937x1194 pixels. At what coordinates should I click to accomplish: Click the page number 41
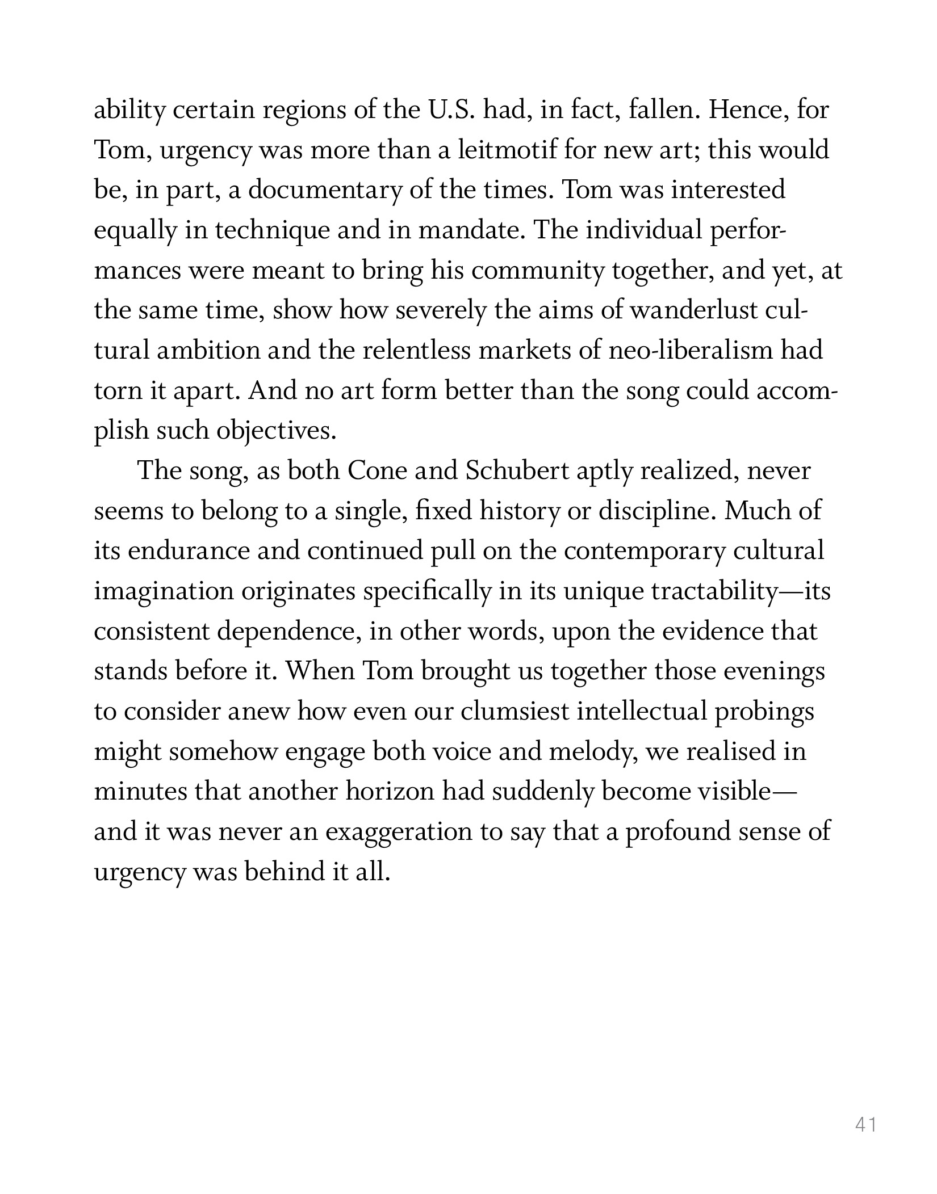pyautogui.click(x=865, y=1124)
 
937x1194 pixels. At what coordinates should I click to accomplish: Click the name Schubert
pyautogui.click(x=516, y=471)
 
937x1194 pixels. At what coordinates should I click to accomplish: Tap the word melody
pyautogui.click(x=593, y=752)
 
